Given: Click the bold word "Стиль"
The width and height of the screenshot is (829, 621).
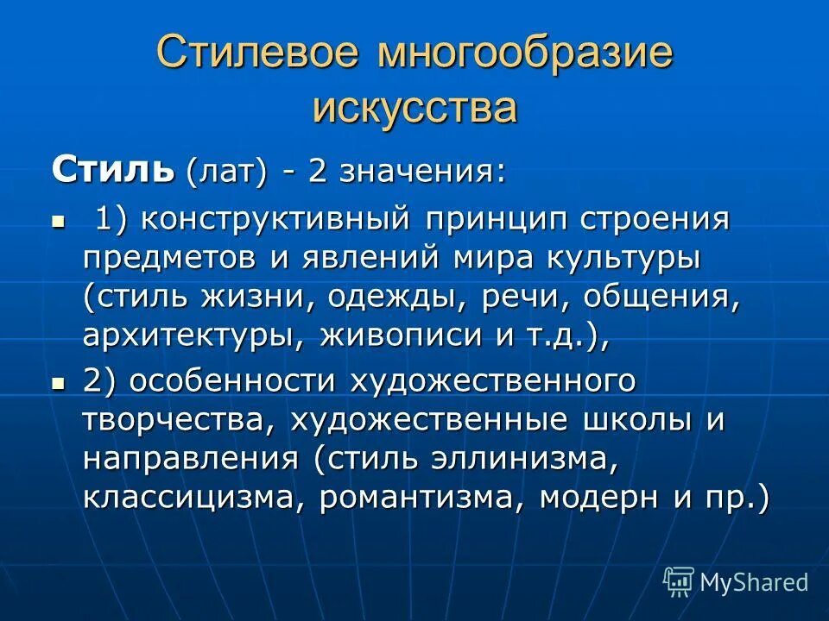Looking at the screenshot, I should [112, 171].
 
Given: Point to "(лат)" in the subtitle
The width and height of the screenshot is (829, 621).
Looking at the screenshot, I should [224, 171].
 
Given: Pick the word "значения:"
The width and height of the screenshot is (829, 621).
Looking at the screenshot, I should [422, 171].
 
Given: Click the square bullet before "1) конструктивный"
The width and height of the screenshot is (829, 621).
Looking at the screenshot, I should [59, 221].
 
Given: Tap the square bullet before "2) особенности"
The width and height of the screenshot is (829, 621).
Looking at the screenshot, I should [59, 380].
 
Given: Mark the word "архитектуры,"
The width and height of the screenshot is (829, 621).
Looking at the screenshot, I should [192, 336].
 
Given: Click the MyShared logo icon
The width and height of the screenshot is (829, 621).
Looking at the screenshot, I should [679, 582].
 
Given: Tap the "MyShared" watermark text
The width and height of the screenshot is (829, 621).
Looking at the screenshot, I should [753, 583].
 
